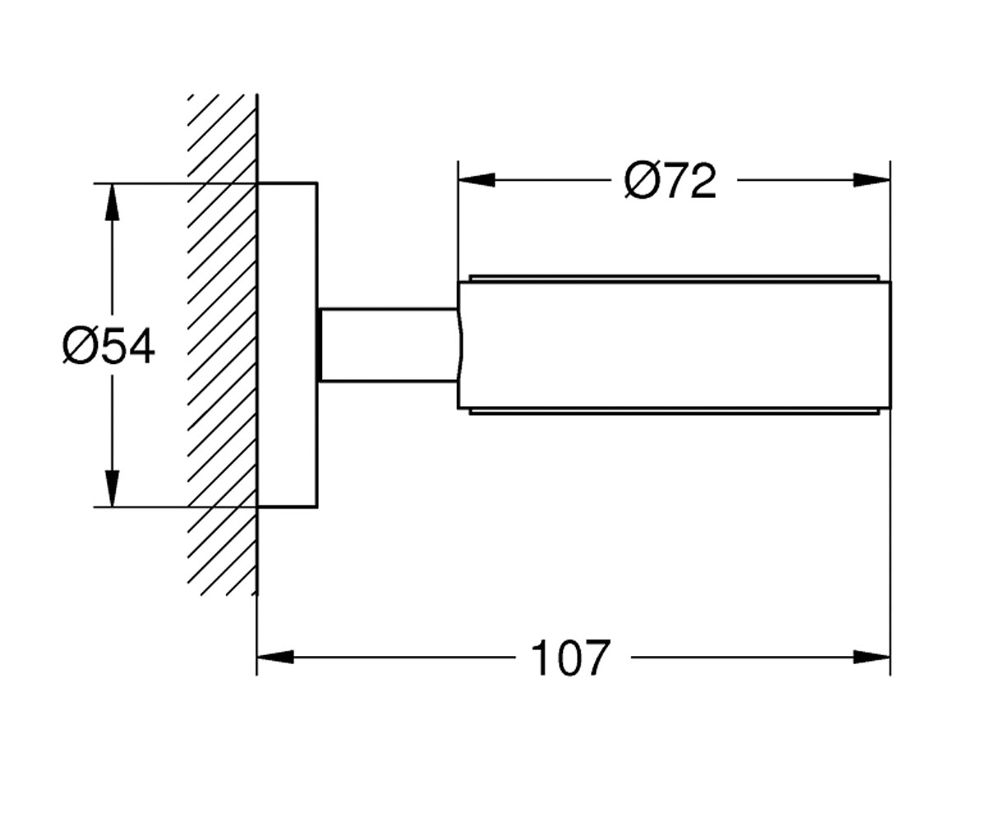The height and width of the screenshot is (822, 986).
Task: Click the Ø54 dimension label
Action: click(x=108, y=346)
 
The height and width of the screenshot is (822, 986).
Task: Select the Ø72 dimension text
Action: click(x=670, y=181)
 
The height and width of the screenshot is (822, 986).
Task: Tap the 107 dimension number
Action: click(x=570, y=658)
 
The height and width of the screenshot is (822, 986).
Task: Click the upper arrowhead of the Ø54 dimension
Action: click(x=112, y=201)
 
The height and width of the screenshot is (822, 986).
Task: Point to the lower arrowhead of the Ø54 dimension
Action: click(x=112, y=488)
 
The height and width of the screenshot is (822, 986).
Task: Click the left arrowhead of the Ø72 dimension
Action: click(x=477, y=180)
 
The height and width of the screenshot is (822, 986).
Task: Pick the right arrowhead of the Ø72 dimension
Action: click(x=872, y=180)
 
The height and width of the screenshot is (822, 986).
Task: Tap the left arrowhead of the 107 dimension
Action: click(x=275, y=657)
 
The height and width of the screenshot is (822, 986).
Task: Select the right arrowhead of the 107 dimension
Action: click(x=872, y=657)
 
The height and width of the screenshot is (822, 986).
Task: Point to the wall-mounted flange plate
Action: click(x=287, y=345)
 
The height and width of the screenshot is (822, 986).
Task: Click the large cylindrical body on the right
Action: click(x=675, y=345)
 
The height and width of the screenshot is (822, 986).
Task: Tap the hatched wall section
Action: click(x=222, y=345)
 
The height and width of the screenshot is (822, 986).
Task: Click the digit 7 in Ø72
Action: click(x=677, y=181)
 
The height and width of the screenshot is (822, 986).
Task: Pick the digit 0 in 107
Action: click(x=570, y=658)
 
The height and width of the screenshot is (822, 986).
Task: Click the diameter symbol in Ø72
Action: click(x=641, y=181)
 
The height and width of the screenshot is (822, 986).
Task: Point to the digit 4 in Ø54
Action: click(x=141, y=346)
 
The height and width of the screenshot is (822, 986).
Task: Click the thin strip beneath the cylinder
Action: click(x=675, y=412)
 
